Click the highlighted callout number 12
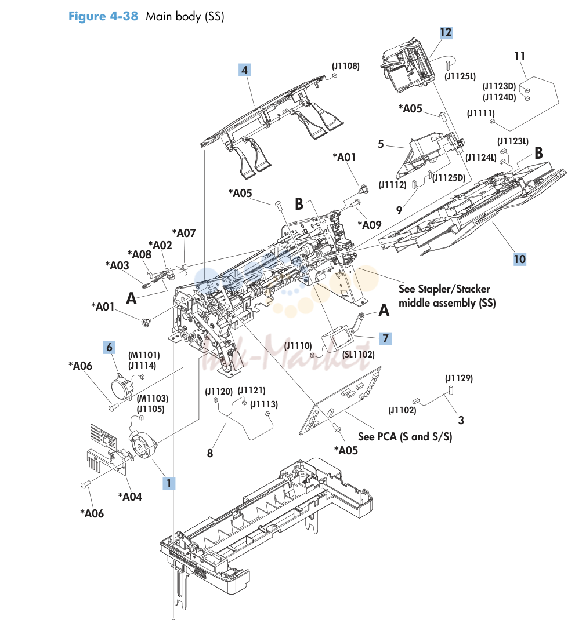[x=446, y=32]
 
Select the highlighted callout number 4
[x=245, y=70]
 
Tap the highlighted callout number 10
[x=519, y=260]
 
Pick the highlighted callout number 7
[x=385, y=338]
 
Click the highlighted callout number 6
[x=109, y=348]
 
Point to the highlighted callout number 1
[x=169, y=483]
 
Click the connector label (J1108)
[x=346, y=66]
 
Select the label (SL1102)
[x=359, y=354]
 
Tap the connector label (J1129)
[x=459, y=378]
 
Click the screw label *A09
[x=370, y=225]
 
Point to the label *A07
[x=184, y=233]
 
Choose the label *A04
[x=130, y=497]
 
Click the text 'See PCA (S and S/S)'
[x=405, y=436]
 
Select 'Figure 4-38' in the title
[x=103, y=16]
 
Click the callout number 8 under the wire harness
[x=210, y=453]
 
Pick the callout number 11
[x=519, y=56]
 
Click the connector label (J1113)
[x=264, y=404]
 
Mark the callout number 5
[x=381, y=144]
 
